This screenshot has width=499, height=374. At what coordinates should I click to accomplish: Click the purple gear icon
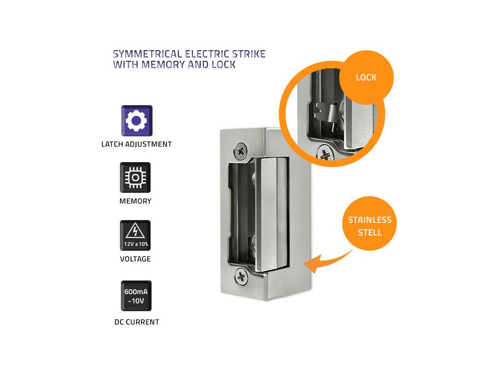pos(136,120)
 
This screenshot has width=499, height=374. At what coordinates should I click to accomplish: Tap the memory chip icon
pos(135,177)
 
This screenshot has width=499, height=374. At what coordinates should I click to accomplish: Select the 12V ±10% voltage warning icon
pos(135,235)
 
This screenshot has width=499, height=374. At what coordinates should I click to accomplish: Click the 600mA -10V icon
pos(136,296)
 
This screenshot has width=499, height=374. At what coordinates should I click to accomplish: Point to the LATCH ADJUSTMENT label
pos(136,144)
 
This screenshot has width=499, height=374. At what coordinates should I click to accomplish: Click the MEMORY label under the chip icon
pos(135,201)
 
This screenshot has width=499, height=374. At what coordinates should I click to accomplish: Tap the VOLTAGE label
pos(135,259)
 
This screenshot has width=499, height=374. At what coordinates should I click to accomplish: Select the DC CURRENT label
pos(136,322)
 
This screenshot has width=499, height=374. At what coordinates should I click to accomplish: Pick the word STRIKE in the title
pos(249,54)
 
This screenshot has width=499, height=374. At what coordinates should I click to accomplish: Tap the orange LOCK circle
pos(366,77)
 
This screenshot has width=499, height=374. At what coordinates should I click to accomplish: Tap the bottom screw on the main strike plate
pos(241,277)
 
